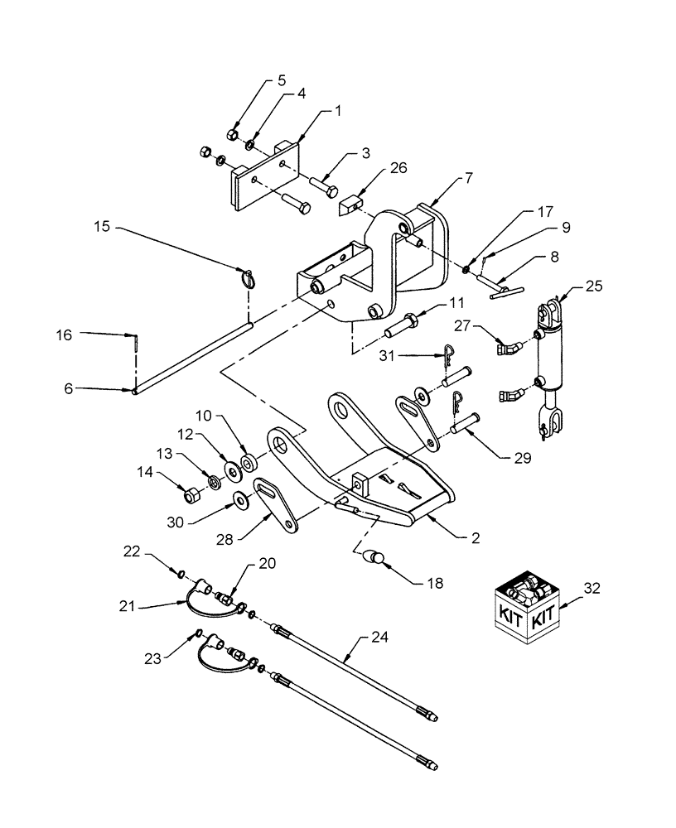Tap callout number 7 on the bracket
click(x=468, y=178)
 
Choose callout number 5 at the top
click(x=282, y=81)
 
